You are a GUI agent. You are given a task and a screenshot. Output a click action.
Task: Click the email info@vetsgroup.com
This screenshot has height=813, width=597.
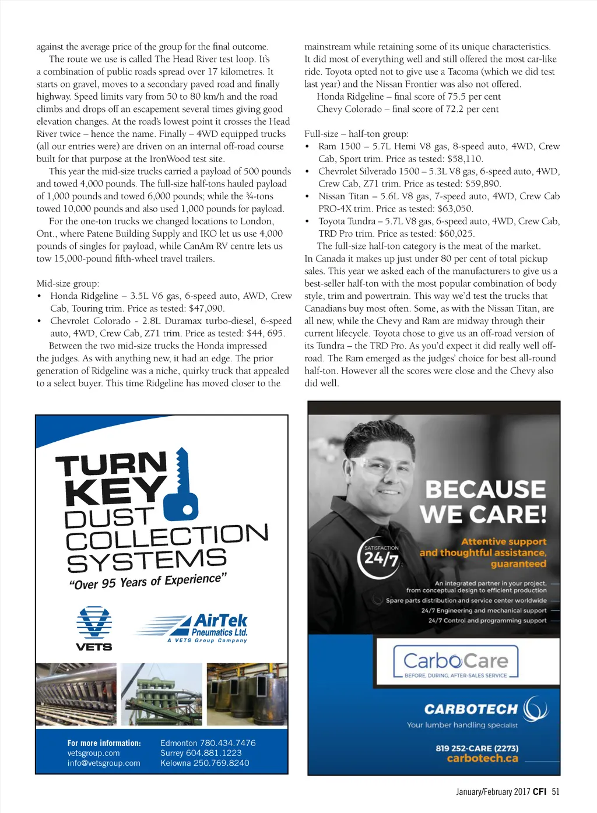(104, 763)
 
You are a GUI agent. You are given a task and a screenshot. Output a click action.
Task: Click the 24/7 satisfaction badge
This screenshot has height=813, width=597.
(381, 557)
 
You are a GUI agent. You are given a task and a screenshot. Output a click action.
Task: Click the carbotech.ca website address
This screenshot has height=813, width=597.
(482, 758)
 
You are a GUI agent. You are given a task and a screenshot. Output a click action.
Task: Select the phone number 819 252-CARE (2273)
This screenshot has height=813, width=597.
(476, 748)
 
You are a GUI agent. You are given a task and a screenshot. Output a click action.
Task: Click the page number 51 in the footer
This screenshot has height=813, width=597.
(555, 791)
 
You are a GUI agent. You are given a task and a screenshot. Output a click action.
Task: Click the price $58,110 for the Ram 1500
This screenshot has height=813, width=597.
(465, 159)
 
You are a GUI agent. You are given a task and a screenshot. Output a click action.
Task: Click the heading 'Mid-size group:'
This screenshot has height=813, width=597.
(68, 284)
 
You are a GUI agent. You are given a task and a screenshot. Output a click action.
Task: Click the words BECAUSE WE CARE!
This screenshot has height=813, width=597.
(483, 502)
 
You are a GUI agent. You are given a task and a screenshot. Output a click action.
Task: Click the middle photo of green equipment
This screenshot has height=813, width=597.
(161, 694)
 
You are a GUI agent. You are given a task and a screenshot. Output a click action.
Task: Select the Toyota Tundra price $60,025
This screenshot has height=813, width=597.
(456, 234)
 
